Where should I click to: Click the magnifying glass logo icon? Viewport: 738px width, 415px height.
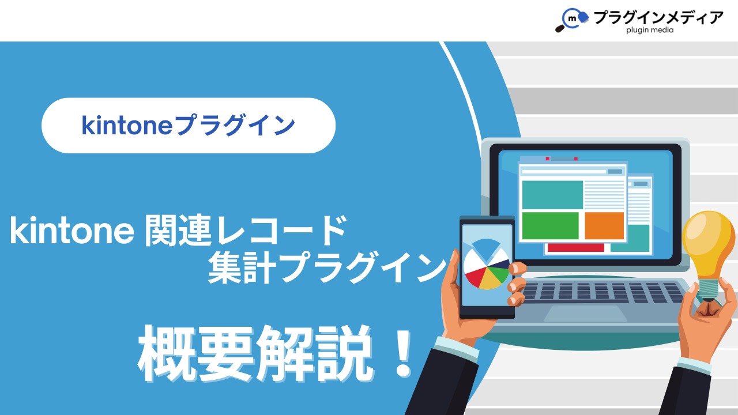click(x=572, y=20)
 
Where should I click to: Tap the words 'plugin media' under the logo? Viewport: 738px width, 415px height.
click(x=650, y=31)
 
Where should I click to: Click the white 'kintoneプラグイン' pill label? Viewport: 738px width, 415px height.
click(x=189, y=126)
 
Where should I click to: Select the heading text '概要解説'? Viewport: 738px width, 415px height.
click(x=257, y=354)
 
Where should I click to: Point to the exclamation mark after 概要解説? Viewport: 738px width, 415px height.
click(x=403, y=354)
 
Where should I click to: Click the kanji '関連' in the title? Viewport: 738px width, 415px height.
click(x=178, y=231)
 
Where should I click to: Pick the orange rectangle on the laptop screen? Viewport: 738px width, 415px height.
click(x=604, y=225)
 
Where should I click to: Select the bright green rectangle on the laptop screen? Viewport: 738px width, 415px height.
click(x=550, y=225)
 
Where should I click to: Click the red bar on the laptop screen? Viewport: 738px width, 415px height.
click(x=576, y=248)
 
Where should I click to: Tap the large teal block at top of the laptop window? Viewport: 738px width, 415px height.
click(x=552, y=195)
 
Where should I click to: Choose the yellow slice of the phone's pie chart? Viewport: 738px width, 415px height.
click(x=490, y=280)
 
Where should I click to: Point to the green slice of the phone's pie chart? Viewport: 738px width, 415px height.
click(x=500, y=274)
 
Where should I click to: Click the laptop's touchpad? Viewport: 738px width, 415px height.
click(x=585, y=313)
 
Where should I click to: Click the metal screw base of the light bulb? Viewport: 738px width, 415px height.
click(x=709, y=290)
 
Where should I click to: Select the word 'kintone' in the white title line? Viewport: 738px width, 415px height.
click(x=72, y=231)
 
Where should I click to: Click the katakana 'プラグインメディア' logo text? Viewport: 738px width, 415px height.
click(x=658, y=17)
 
